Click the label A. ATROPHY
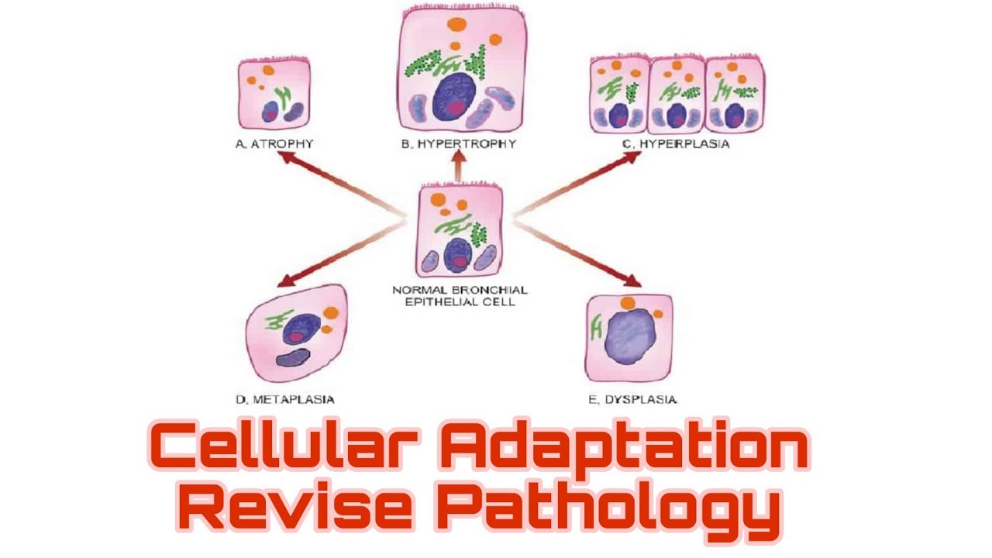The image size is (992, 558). pyautogui.click(x=274, y=144)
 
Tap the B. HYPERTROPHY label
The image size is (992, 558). pyautogui.click(x=459, y=144)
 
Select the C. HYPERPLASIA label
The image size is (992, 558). pyautogui.click(x=676, y=144)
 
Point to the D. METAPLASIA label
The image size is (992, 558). pyautogui.click(x=285, y=399)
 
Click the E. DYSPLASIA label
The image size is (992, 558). pyautogui.click(x=633, y=399)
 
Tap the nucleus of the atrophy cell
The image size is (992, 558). pyautogui.click(x=270, y=112)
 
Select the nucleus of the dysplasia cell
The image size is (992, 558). pyautogui.click(x=630, y=336)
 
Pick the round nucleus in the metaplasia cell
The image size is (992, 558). pyautogui.click(x=301, y=329)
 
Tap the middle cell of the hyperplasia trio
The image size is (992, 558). pyautogui.click(x=677, y=95)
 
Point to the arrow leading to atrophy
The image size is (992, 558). pyautogui.click(x=341, y=184)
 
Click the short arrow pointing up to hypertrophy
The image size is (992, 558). pyautogui.click(x=460, y=166)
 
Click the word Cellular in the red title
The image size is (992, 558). pyautogui.click(x=284, y=446)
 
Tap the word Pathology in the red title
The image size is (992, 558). pyautogui.click(x=612, y=511)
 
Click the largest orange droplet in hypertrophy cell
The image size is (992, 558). pyautogui.click(x=456, y=24)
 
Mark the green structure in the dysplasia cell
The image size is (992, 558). pyautogui.click(x=597, y=327)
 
